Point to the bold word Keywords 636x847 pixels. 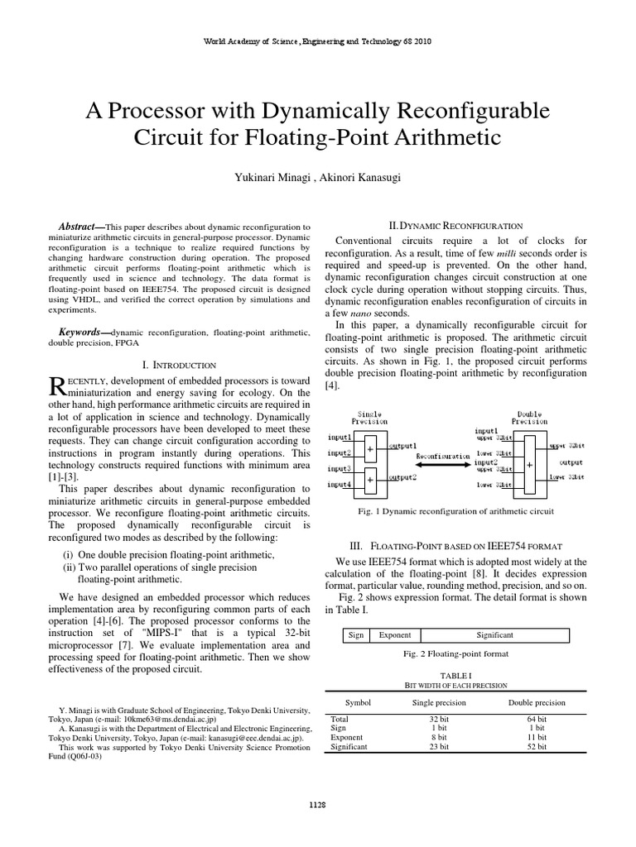click(84, 332)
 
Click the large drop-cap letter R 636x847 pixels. click(58, 387)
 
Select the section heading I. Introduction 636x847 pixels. click(180, 365)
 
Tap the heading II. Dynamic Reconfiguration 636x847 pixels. click(455, 225)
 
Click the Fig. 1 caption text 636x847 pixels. click(455, 511)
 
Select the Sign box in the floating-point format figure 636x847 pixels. click(356, 635)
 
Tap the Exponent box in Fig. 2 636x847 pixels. click(394, 635)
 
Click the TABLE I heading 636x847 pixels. click(455, 676)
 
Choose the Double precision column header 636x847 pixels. click(537, 702)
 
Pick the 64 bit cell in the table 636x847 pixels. click(537, 720)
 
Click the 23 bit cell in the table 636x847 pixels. click(439, 747)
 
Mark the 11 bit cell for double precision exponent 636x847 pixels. click(537, 738)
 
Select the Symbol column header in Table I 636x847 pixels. click(358, 702)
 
